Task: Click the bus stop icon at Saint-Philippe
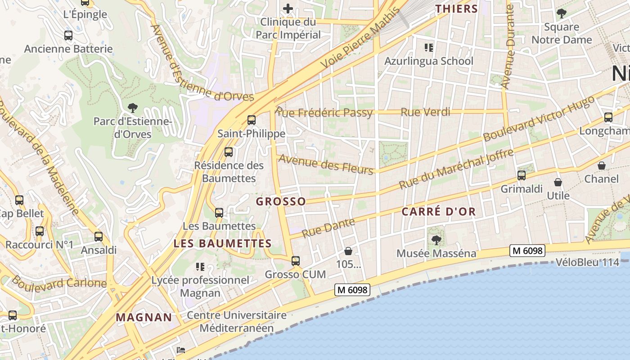click(252, 120)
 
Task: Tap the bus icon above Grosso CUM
click(296, 261)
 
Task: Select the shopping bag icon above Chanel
click(602, 166)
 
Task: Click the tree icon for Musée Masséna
click(436, 240)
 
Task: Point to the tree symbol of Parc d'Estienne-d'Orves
click(132, 108)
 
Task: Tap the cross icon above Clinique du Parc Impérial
click(288, 8)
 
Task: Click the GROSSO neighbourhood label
click(281, 201)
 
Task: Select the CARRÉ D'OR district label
click(438, 212)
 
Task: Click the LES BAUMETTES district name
click(222, 244)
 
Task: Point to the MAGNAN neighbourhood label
click(144, 317)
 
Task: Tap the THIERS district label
click(456, 9)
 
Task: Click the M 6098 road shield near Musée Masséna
click(527, 251)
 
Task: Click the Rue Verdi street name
click(425, 112)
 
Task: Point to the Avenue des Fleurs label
click(326, 164)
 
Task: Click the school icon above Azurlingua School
click(428, 47)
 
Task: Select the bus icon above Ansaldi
click(99, 237)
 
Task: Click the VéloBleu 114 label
click(587, 262)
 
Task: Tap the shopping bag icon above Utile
click(558, 182)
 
